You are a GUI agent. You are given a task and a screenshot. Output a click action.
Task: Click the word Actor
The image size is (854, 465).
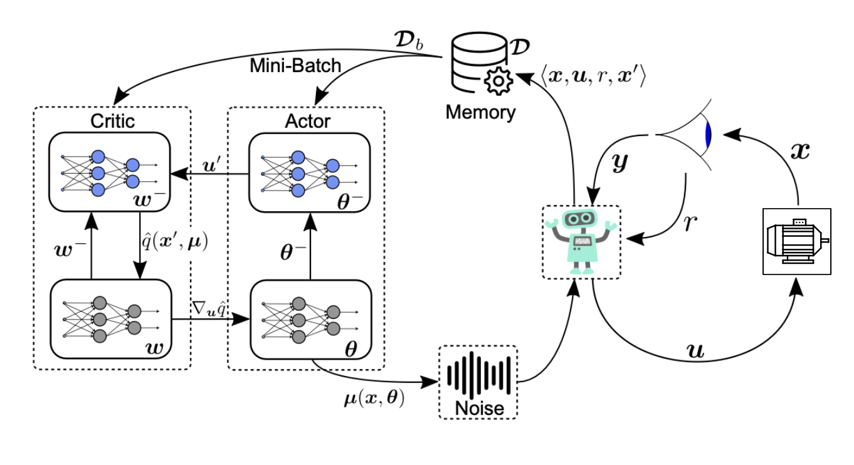coord(307,120)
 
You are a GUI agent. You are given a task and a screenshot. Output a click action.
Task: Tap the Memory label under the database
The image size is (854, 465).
coord(482,113)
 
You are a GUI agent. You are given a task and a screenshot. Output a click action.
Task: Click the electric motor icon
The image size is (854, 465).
coord(796,241)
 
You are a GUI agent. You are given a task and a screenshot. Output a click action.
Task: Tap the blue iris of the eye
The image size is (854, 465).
coord(709,135)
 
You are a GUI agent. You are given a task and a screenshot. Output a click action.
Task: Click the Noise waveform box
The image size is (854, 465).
coord(479,382)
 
